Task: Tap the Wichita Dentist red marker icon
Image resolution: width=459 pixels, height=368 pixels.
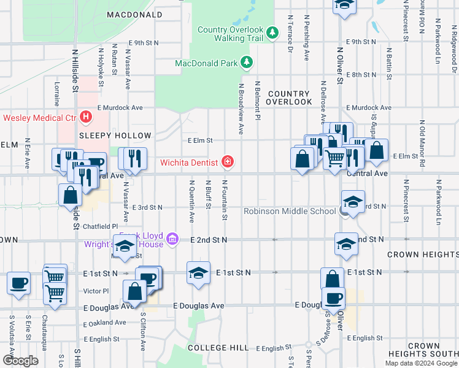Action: pyautogui.click(x=228, y=162)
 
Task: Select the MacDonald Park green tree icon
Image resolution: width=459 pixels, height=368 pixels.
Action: pyautogui.click(x=246, y=63)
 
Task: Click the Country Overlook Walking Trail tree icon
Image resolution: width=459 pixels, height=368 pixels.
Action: pyautogui.click(x=272, y=30)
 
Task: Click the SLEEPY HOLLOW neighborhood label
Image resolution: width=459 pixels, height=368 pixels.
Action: pyautogui.click(x=115, y=136)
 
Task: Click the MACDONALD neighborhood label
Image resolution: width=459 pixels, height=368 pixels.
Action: pyautogui.click(x=135, y=13)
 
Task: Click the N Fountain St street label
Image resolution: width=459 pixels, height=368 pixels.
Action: pyautogui.click(x=225, y=200)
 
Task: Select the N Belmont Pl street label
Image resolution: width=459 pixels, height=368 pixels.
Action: pyautogui.click(x=258, y=100)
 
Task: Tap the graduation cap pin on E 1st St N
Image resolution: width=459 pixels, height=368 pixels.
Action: pyautogui.click(x=198, y=273)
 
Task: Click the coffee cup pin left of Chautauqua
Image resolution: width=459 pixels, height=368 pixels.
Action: pyautogui.click(x=18, y=283)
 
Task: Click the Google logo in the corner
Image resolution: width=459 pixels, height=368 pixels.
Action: pyautogui.click(x=21, y=361)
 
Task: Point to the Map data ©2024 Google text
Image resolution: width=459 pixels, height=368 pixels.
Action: pyautogui.click(x=420, y=363)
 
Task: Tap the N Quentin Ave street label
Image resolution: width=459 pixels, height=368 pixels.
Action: pyautogui.click(x=191, y=201)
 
